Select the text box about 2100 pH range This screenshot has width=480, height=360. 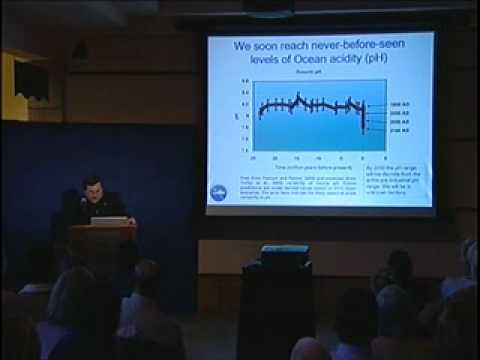[x=399, y=179]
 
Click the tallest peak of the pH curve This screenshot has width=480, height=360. [x=298, y=96]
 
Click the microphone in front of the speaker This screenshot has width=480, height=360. [x=83, y=203]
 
